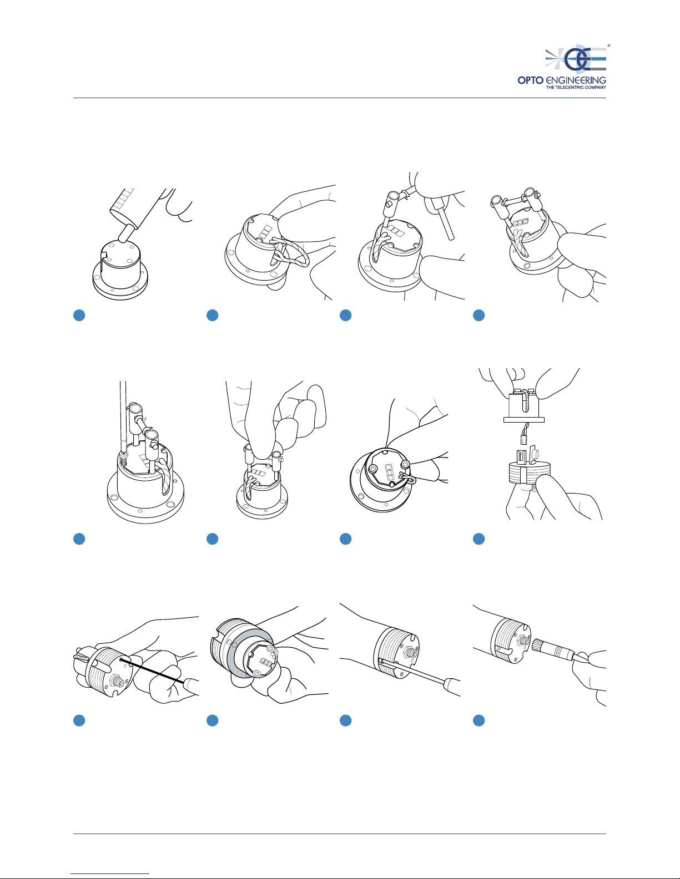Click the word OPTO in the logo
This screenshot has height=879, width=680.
(x=530, y=80)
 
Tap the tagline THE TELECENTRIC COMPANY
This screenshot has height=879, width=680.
(x=576, y=88)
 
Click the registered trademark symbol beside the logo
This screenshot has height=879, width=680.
(x=608, y=45)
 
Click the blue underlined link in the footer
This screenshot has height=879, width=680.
(x=110, y=873)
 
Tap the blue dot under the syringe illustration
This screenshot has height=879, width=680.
(x=79, y=315)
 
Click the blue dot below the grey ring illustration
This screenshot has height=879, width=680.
(x=212, y=720)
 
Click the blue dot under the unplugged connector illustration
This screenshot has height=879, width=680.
(x=479, y=539)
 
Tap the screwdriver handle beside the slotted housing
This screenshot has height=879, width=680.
(x=452, y=687)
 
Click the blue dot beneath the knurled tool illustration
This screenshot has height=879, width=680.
(x=479, y=720)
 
